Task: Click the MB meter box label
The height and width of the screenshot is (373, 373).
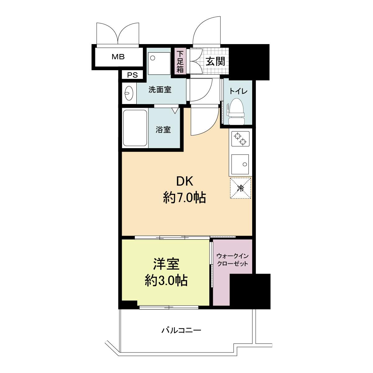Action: [118, 57]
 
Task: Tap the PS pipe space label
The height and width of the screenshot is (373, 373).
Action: [132, 75]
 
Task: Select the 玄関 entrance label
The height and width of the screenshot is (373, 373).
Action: [215, 61]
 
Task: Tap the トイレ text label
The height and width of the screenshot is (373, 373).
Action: [238, 91]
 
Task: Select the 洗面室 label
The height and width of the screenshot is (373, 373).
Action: [160, 90]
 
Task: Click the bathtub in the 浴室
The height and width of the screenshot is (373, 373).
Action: [135, 128]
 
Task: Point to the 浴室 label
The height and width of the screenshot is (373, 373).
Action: [163, 130]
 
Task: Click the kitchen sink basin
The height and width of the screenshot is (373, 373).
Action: [240, 164]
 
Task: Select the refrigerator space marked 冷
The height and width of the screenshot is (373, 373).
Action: [240, 188]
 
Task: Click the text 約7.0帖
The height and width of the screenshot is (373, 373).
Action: [184, 198]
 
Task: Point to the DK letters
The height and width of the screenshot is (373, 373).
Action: [184, 182]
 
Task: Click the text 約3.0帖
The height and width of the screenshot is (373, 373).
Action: [166, 280]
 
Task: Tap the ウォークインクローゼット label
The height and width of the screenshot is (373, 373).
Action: [233, 260]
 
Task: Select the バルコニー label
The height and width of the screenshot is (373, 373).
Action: [181, 330]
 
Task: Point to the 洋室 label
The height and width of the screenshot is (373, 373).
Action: [166, 264]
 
